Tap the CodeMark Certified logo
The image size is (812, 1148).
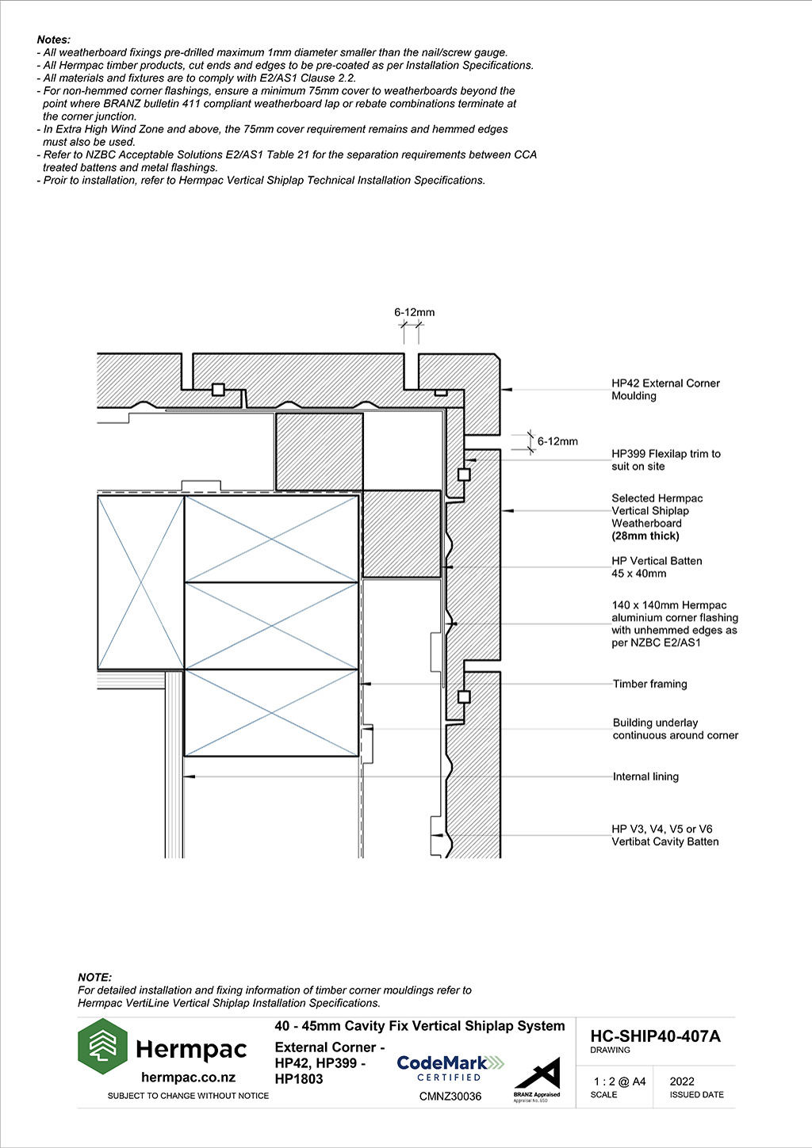pos(450,1068)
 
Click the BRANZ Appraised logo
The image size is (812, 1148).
pos(537,1079)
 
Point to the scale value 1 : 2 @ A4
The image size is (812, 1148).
pos(619,1081)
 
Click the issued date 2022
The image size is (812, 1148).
pos(682,1081)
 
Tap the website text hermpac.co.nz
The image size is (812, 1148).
pos(188,1077)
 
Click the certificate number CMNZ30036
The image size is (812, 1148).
pos(450,1097)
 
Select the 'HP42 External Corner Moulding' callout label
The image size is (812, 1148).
pos(665,390)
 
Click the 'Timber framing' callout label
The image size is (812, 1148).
pos(650,684)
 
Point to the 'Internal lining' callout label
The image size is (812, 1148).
pos(645,776)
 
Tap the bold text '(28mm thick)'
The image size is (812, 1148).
pos(645,536)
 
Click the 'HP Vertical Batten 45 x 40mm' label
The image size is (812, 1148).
pos(657,566)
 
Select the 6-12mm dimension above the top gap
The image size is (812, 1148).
pos(415,312)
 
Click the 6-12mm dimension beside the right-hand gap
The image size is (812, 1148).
pos(557,441)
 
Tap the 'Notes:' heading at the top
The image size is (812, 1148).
pos(54,40)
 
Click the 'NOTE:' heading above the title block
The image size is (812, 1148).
pos(95,978)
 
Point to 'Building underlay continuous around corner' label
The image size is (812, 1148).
pos(675,729)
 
